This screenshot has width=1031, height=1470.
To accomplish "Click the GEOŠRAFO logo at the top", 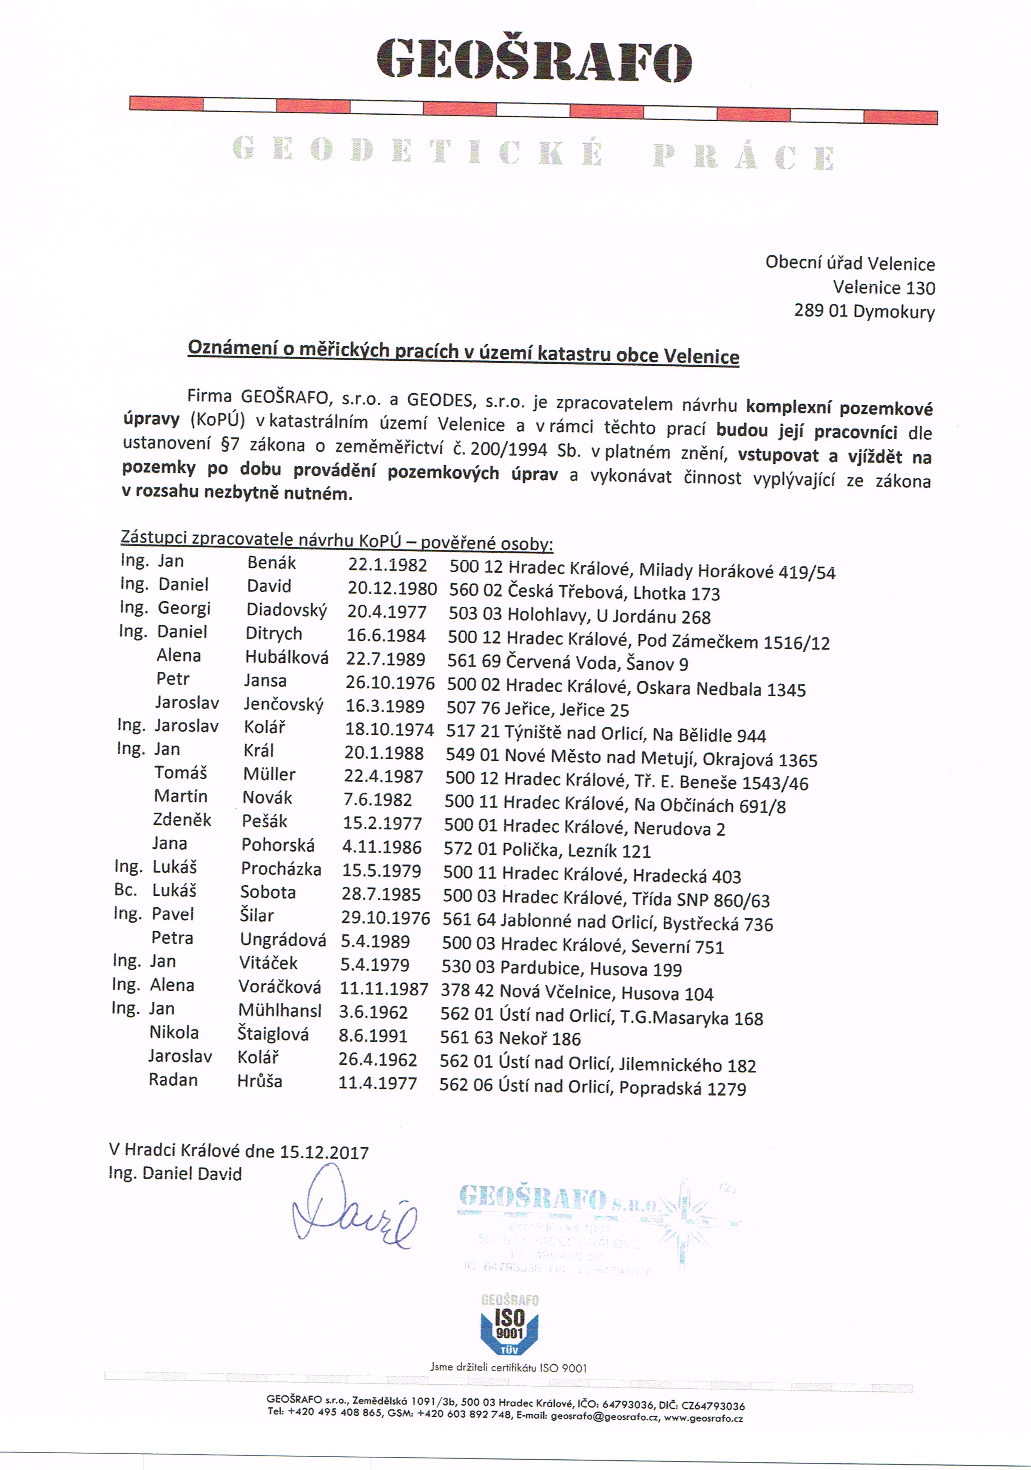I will click(x=533, y=61).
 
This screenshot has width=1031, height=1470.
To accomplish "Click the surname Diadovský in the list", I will click(x=286, y=610).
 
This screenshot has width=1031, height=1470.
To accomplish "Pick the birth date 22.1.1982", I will click(x=387, y=565).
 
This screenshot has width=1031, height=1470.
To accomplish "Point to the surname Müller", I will click(x=269, y=775).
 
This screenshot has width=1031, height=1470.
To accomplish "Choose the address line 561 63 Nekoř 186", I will click(x=510, y=1039).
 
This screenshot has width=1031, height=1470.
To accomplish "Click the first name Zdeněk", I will click(x=182, y=820).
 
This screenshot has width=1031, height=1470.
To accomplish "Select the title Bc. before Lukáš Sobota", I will click(x=125, y=891).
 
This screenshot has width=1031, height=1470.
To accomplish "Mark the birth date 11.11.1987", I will click(x=383, y=989).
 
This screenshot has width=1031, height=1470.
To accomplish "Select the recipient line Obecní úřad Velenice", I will click(x=850, y=263).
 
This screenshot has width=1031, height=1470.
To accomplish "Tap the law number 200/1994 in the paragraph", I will click(x=508, y=449).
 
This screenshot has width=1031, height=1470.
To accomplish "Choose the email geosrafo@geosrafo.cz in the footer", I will click(x=604, y=1418).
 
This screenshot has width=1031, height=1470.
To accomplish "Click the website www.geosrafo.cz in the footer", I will click(x=703, y=1418).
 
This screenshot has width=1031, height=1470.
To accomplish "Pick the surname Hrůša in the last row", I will click(x=259, y=1081).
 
